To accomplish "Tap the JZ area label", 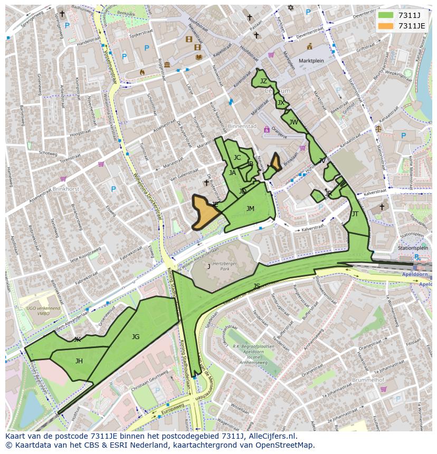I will pos(263,81).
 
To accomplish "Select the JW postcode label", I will pos(293,122).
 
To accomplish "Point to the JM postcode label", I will pos(250,209).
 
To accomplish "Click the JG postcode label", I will pos(136,336).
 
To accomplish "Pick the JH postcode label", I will pos(79,361).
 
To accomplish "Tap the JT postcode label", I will pos(355,214).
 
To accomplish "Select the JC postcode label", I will pos(237,158).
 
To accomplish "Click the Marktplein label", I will pos(310,61).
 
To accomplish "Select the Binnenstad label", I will pos(242,127).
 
